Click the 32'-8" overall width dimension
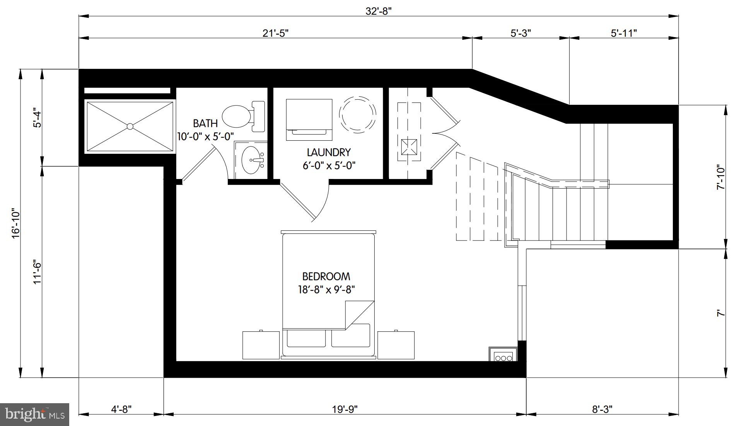[x=379, y=11]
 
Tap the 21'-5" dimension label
[x=275, y=33]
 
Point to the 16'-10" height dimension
[x=15, y=223]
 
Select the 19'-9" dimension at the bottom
[x=345, y=409]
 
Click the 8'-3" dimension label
[x=602, y=409]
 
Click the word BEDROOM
[x=326, y=276]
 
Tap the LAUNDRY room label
[x=329, y=152]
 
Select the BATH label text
[x=205, y=123]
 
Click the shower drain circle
[x=130, y=126]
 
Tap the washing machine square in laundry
[x=309, y=119]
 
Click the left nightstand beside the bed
[x=261, y=345]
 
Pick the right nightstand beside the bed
[x=396, y=345]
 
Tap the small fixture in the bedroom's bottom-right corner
[x=503, y=354]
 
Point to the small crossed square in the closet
[x=409, y=147]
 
